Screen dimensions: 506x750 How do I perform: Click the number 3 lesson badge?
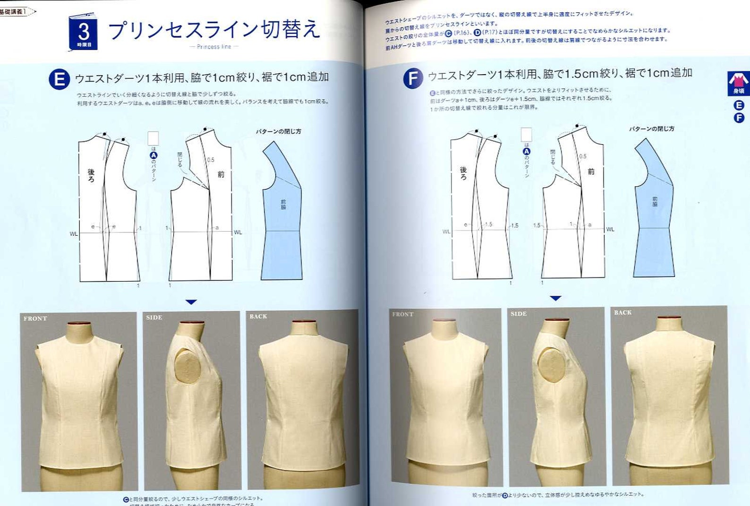tap(84, 33)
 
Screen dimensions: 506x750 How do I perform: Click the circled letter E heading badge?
tap(60, 79)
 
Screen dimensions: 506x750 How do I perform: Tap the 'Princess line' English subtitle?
tap(214, 47)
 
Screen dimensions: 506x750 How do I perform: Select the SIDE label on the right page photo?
tap(518, 314)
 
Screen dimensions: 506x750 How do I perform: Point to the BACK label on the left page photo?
tap(258, 317)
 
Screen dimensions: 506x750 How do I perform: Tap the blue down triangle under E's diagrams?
tap(191, 302)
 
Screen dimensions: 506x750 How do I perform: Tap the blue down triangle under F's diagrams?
tap(556, 298)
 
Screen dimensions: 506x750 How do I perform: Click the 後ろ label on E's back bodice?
tap(91, 175)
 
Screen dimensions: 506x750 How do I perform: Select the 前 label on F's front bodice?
tap(591, 172)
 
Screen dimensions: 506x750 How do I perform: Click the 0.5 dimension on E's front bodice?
tap(211, 160)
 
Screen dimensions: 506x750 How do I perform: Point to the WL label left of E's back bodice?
tap(74, 234)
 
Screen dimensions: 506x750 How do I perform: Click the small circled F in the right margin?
tap(739, 118)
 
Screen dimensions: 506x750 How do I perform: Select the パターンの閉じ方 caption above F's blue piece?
tap(651, 129)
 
